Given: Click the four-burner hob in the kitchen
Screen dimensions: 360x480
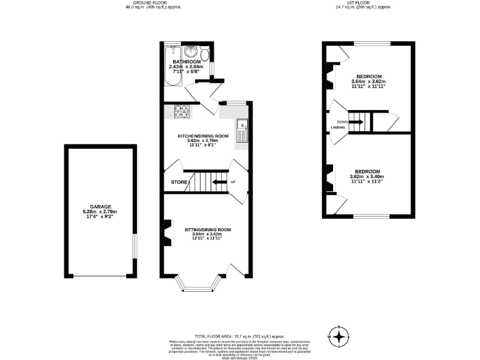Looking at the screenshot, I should pos(181,112).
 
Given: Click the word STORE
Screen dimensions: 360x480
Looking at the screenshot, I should pos(179,182).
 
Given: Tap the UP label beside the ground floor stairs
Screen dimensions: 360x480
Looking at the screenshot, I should pos(233,182).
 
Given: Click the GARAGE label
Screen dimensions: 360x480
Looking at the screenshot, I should pos(99,207).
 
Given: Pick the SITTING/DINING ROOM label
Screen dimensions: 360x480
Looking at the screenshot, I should pos(207,229).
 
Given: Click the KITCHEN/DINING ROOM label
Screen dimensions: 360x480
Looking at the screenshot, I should pos(203,136).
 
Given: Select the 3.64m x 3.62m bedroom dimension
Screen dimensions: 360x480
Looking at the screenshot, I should pos(368,81).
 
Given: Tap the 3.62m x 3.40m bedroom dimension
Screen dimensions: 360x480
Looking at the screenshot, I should pos(367,177).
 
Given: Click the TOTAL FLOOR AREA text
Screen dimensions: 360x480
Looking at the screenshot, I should pos(213,336).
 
